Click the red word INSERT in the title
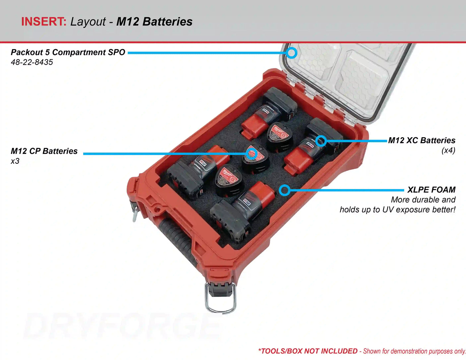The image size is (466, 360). (44, 22)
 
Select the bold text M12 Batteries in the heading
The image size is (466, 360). (154, 22)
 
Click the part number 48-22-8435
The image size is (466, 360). (32, 62)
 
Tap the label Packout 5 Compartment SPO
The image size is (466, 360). (68, 52)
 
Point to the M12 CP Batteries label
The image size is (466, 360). (44, 151)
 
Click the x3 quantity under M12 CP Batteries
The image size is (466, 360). (15, 161)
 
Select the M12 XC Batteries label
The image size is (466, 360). (422, 141)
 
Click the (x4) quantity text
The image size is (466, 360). (448, 150)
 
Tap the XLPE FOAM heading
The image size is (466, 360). (431, 190)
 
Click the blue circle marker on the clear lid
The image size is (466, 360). (291, 53)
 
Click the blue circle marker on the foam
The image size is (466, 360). (284, 190)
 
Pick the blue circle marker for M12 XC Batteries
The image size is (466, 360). (320, 141)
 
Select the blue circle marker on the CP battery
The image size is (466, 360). (252, 153)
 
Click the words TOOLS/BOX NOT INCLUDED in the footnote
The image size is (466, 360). (309, 351)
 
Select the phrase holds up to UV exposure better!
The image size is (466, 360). (397, 210)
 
